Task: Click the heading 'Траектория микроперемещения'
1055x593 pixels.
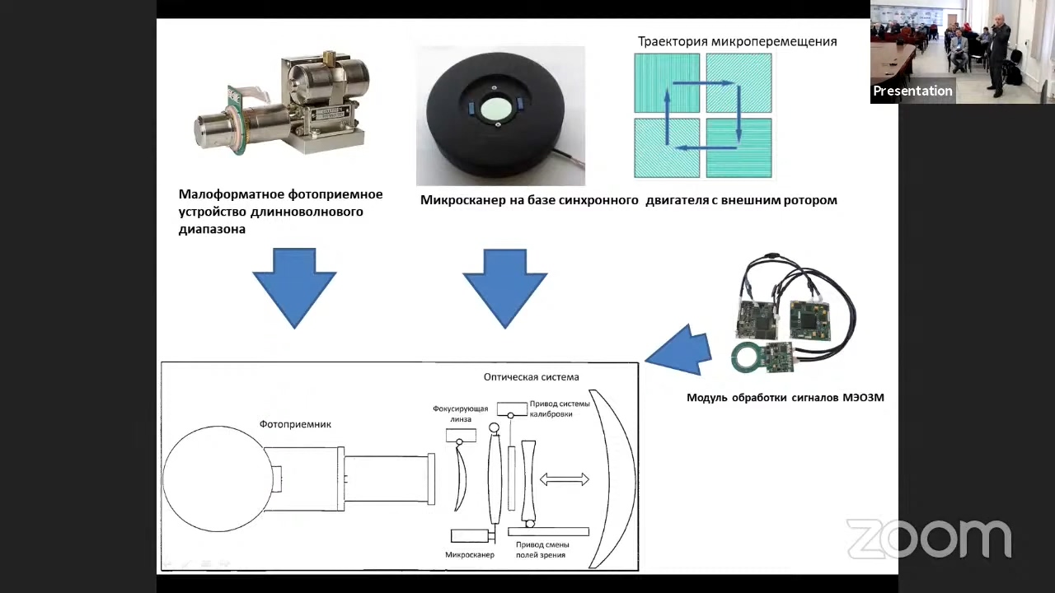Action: point(737,41)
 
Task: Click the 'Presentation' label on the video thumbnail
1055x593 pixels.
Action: point(912,91)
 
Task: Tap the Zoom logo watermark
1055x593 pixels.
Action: point(929,539)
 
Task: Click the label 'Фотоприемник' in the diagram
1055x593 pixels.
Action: point(295,424)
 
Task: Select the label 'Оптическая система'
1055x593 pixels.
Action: point(531,377)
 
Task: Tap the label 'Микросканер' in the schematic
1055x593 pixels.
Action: point(469,555)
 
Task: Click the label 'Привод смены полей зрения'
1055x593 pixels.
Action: point(542,549)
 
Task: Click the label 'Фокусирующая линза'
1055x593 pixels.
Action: point(461,413)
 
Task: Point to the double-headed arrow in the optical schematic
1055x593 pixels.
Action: point(564,479)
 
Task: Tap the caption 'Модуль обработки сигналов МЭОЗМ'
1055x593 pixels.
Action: point(785,398)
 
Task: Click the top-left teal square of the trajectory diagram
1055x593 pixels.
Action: point(667,82)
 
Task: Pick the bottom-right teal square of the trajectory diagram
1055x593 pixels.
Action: point(739,148)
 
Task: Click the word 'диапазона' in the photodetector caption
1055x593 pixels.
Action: point(212,230)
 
